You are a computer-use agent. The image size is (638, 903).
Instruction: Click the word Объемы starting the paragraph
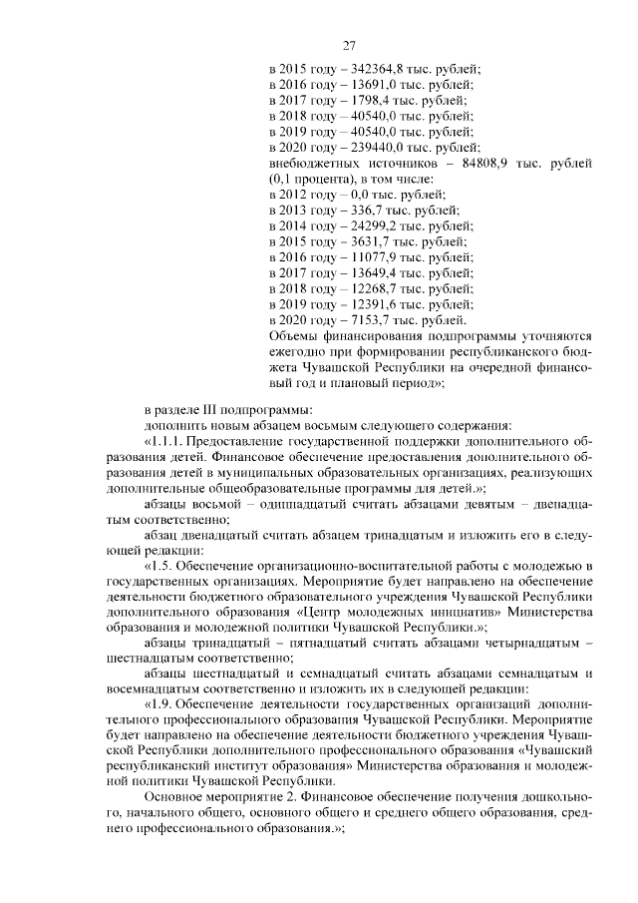296,335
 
